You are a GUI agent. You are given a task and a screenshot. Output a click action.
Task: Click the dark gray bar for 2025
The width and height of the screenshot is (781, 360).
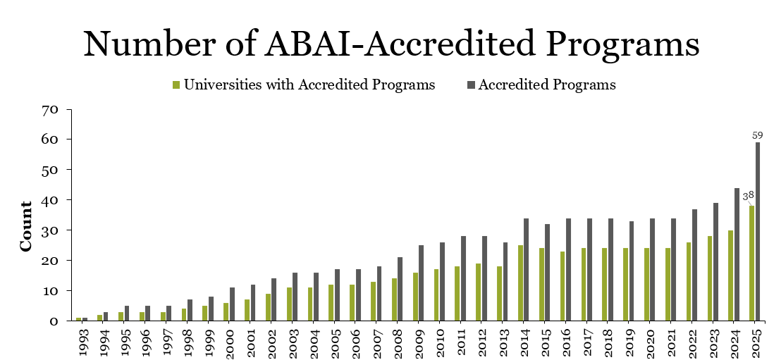coord(758,232)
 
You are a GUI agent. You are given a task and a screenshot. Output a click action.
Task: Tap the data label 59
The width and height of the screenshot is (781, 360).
coord(758,135)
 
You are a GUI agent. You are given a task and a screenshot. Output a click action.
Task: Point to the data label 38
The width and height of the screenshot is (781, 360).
coord(748,196)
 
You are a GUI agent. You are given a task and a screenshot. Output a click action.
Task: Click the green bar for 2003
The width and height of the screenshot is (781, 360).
coord(289,304)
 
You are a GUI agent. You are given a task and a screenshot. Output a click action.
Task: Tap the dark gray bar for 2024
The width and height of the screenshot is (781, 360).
coord(737,254)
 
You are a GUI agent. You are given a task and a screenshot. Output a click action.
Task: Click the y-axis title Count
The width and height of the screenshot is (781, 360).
coord(26,226)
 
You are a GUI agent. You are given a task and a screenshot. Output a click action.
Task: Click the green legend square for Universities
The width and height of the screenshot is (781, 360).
coord(176,85)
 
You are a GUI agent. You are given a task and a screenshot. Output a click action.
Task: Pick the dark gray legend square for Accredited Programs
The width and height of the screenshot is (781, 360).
coord(471,85)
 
